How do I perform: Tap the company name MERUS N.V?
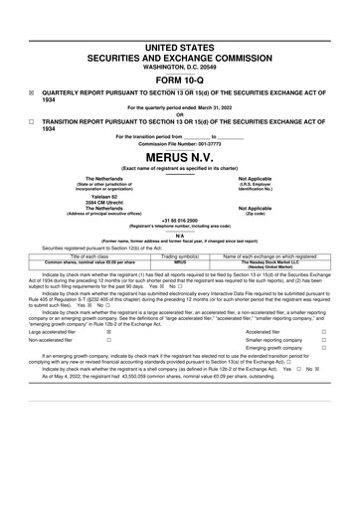coord(180,157)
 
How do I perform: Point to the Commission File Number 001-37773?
coord(180,142)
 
